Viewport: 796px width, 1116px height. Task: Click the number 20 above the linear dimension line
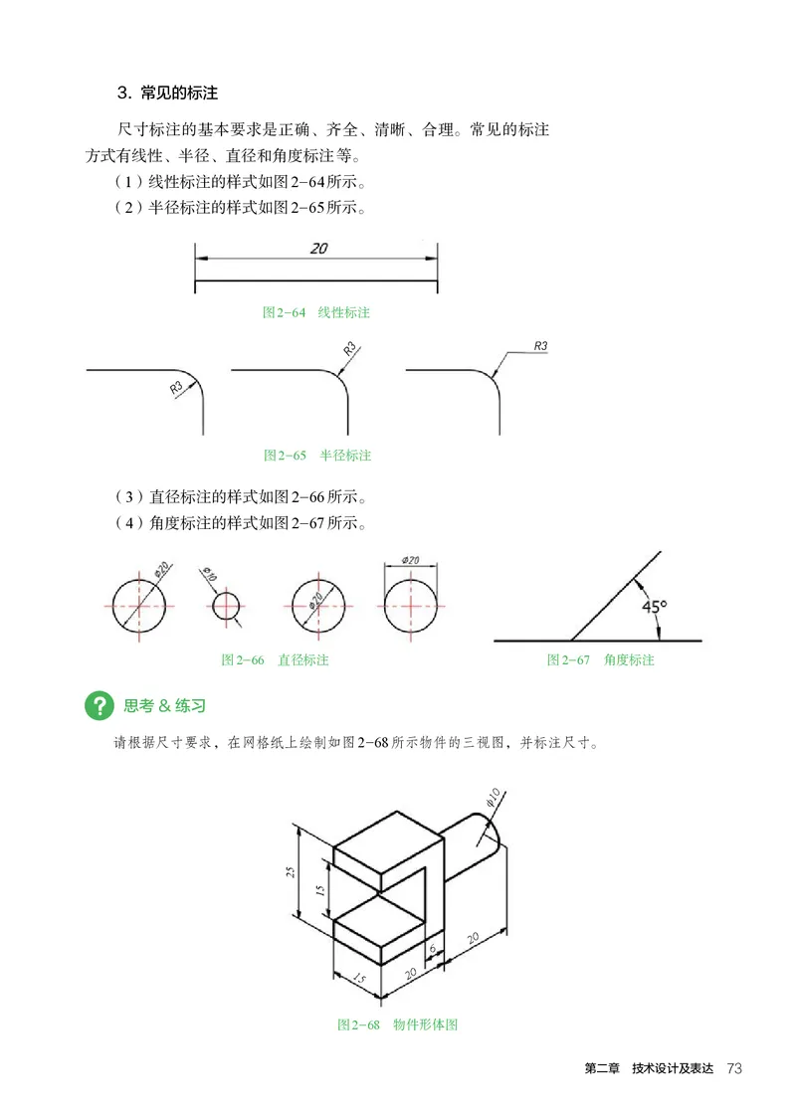318,250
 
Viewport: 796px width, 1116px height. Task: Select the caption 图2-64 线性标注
315,312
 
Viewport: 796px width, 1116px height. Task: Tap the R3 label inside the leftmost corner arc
178,387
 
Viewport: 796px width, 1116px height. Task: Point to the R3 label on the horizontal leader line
541,346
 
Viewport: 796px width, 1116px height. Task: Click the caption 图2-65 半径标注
316,456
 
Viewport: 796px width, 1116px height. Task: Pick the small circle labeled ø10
227,605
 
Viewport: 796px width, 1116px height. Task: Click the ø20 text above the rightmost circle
410,561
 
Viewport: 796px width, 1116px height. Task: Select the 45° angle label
654,605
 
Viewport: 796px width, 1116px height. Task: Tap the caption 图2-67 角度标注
600,659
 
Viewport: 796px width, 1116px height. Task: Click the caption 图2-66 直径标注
275,659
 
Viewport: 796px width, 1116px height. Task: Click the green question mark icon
99,706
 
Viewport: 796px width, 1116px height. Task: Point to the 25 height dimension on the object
291,872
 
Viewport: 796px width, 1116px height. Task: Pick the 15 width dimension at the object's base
357,982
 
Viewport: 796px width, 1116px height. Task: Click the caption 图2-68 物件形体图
397,1024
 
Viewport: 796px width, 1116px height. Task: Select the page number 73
735,1068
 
